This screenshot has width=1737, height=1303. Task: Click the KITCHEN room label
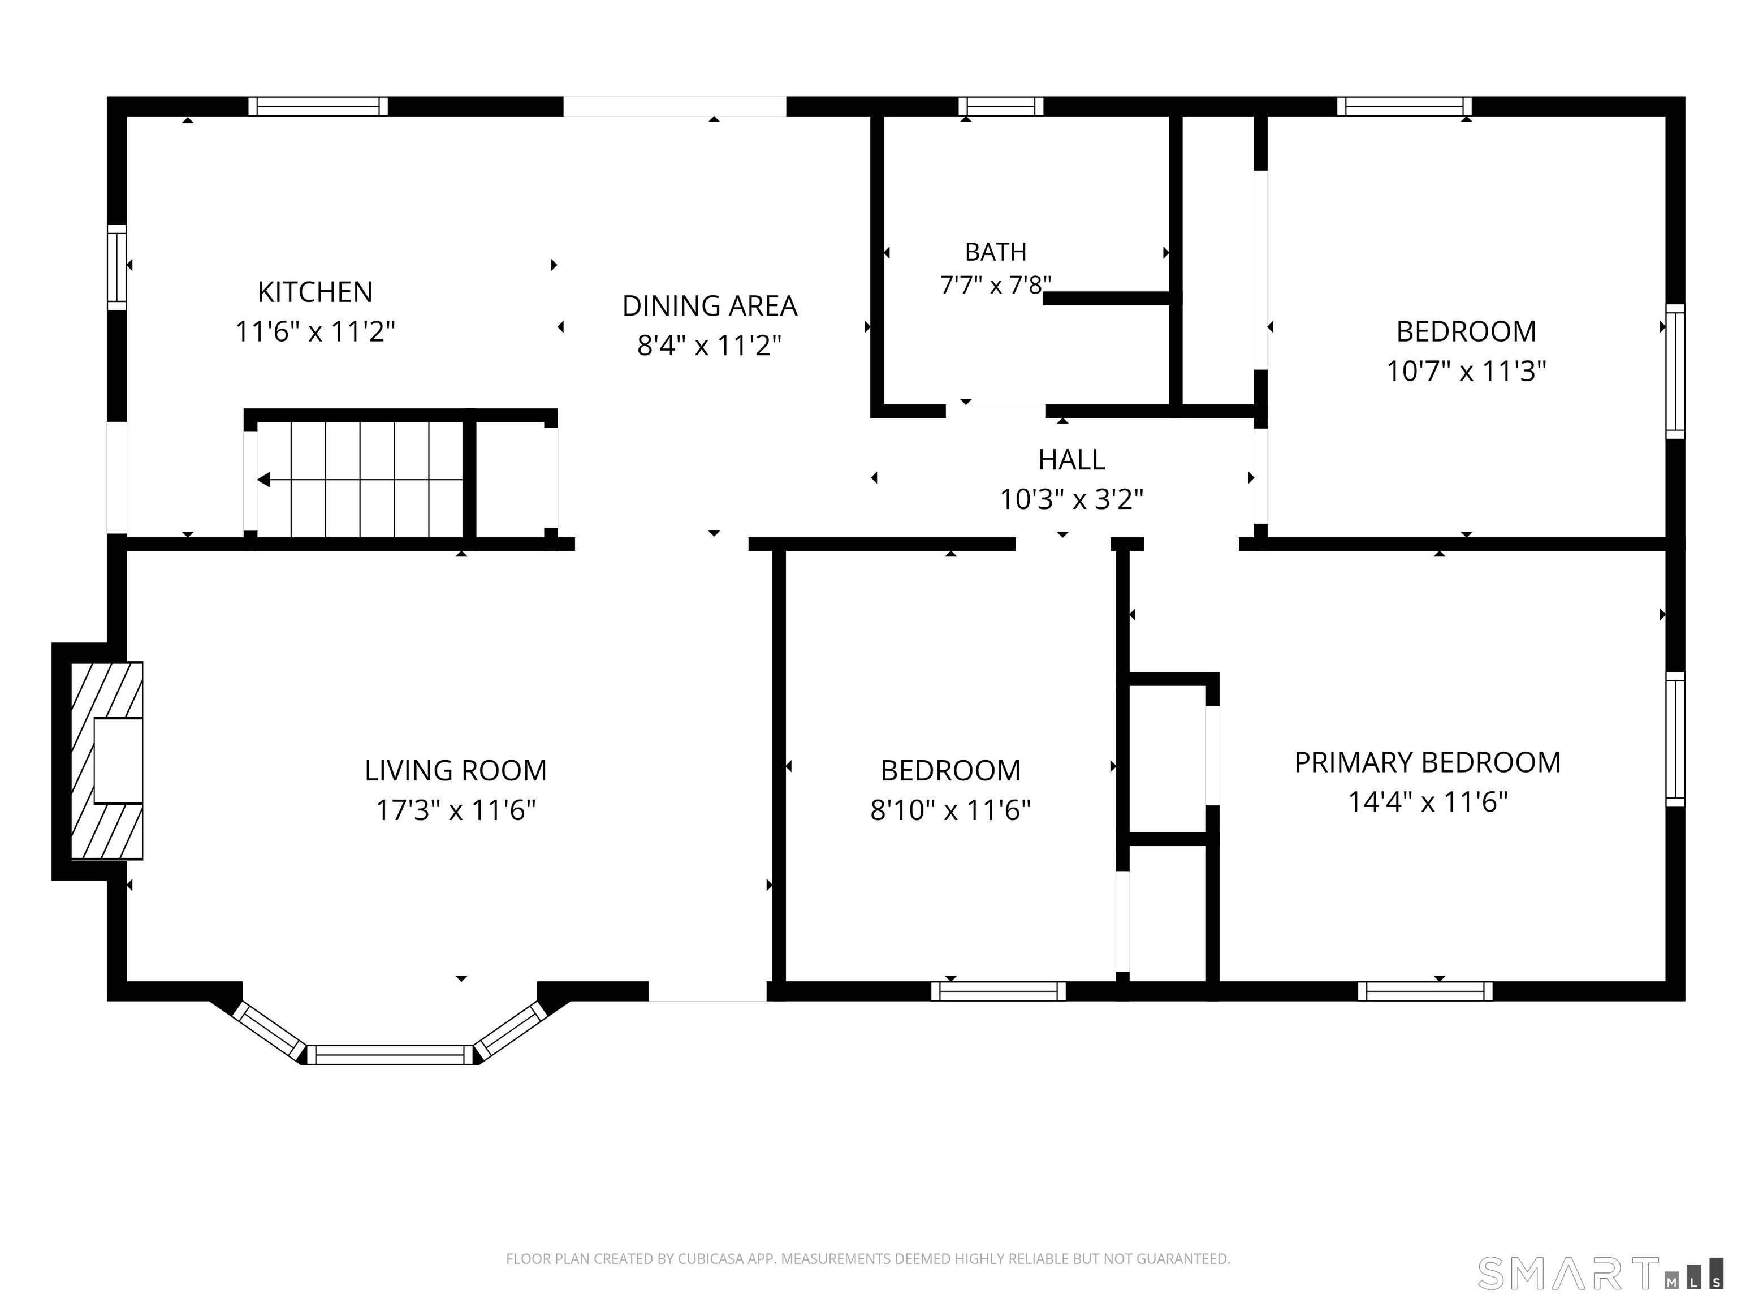[315, 292]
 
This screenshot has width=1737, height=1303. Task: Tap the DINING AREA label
[709, 305]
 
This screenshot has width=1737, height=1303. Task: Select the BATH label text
[996, 252]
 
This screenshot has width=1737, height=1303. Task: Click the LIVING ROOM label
[455, 770]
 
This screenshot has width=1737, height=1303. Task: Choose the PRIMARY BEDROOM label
[1428, 763]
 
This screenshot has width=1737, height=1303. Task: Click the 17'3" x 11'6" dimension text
[455, 810]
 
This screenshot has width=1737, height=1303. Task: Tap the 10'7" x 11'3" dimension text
[1466, 371]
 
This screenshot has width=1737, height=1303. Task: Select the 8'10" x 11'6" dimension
[950, 810]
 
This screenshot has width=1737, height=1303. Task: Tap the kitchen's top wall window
[318, 106]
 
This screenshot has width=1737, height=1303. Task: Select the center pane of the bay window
[390, 1055]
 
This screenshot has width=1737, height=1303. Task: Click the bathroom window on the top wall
[1000, 106]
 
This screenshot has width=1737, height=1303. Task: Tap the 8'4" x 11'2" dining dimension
[709, 345]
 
